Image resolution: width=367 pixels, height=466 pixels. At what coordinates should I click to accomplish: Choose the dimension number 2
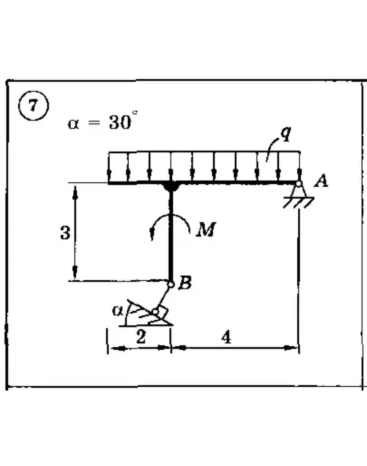pyautogui.click(x=140, y=337)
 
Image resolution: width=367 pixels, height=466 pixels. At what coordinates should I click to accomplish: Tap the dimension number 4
pyautogui.click(x=227, y=337)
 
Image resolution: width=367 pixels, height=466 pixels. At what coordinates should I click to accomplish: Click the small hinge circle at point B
pyautogui.click(x=171, y=284)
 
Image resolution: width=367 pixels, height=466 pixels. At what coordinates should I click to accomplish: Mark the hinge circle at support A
pyautogui.click(x=298, y=184)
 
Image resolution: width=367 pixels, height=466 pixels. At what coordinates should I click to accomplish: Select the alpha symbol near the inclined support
pyautogui.click(x=118, y=310)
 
